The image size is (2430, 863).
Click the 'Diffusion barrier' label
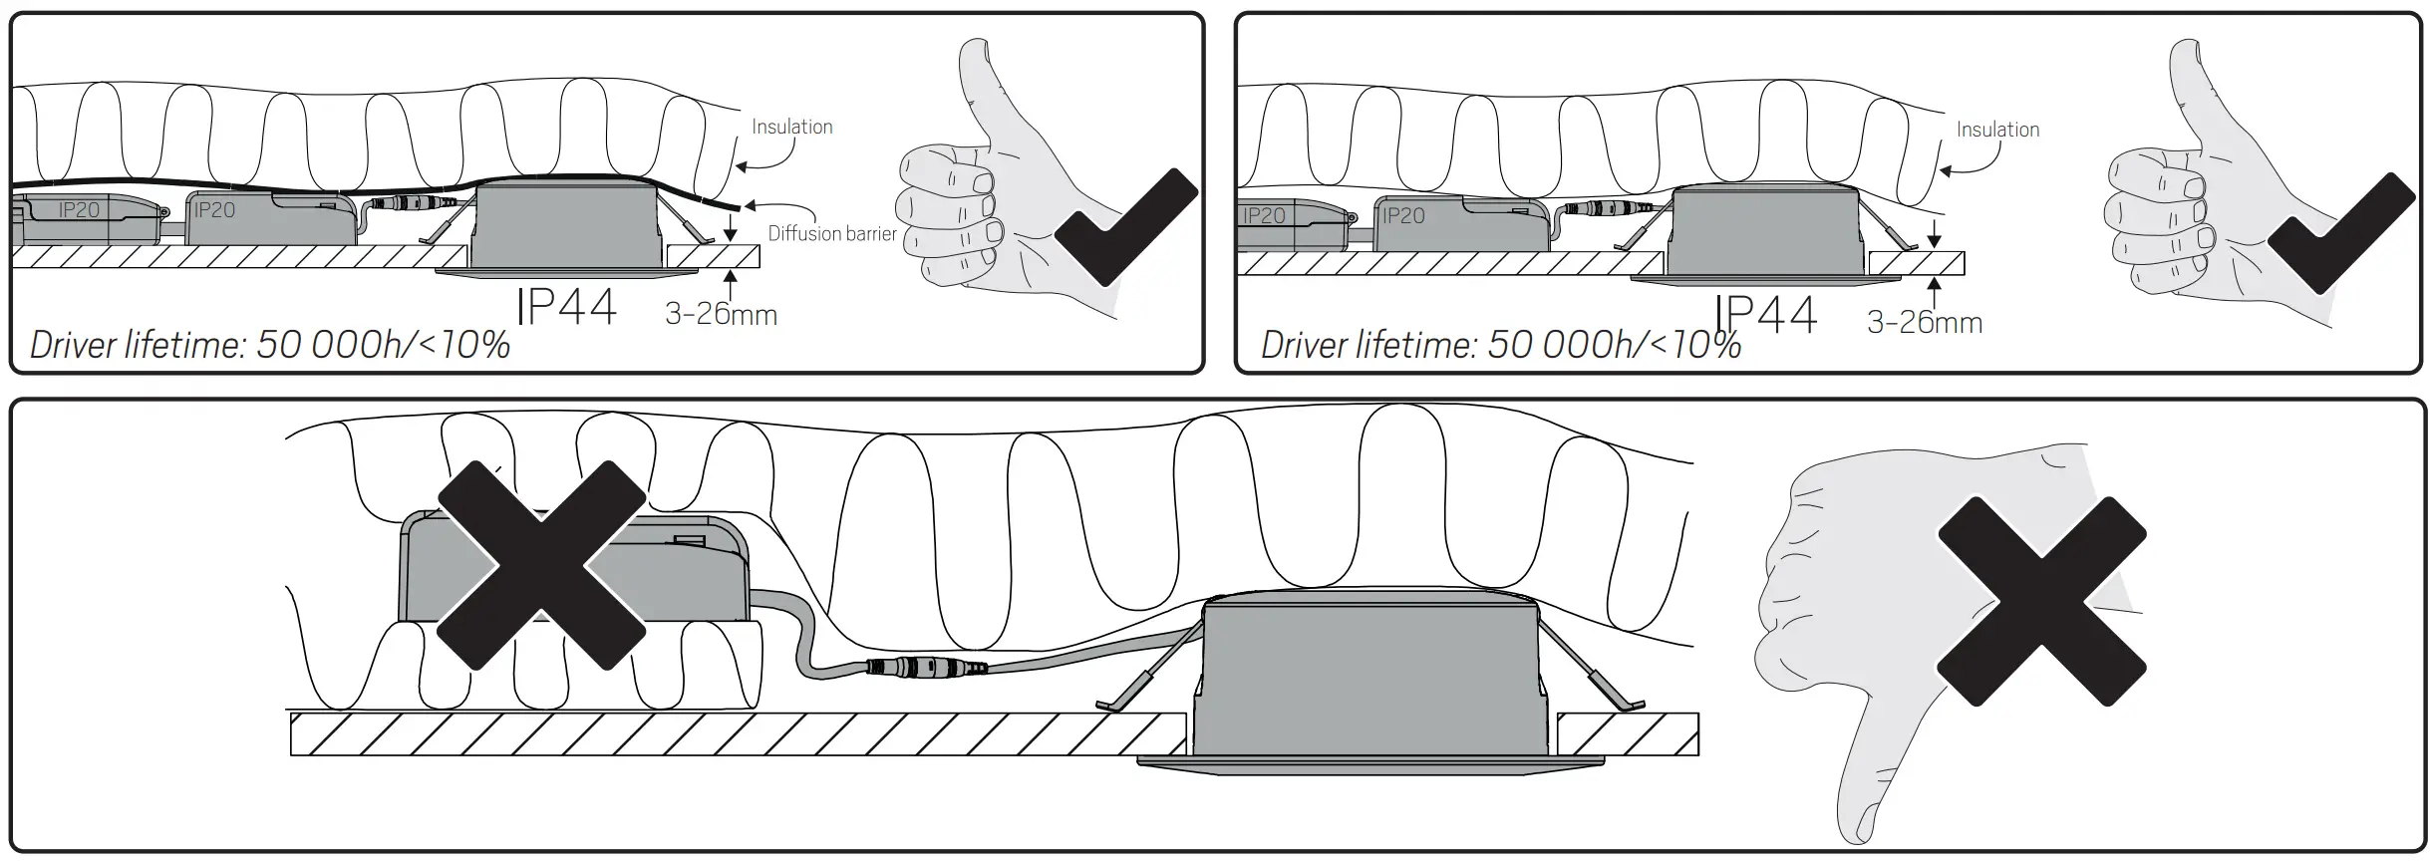831,233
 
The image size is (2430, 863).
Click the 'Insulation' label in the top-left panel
791,127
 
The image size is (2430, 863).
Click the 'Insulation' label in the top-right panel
1997,130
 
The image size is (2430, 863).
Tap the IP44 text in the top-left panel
566,306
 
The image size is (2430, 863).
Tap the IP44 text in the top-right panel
1766,314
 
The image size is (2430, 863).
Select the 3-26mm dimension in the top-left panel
721,314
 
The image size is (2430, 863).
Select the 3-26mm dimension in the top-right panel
1924,323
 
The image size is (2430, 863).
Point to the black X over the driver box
541,564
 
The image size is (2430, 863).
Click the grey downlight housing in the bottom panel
1370,683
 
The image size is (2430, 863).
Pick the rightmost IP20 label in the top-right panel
1403,215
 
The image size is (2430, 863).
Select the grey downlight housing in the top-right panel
1764,234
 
